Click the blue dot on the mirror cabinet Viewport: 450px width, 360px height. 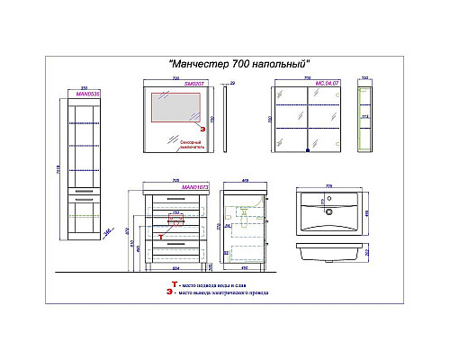click(x=307, y=152)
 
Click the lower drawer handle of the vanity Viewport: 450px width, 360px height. click(x=175, y=241)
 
